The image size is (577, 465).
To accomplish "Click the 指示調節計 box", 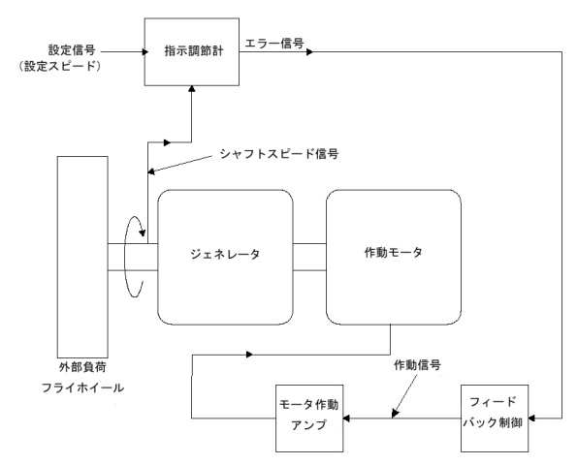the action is coord(192,52).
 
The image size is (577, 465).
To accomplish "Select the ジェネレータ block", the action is coord(225,258).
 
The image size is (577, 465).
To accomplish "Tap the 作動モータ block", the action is coord(394,258).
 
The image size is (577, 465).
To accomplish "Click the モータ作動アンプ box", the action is coord(309,418).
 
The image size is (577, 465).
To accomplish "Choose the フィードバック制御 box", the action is coord(495,418).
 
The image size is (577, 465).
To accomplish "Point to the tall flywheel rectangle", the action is coord(82,257).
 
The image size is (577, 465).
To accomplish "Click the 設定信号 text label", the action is coord(72,50).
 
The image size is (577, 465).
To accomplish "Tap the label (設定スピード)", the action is coord(60,66).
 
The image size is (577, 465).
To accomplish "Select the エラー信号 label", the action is coord(274,44).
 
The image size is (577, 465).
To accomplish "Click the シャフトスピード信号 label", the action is coord(279,154).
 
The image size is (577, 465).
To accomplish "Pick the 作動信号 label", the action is coord(417,365).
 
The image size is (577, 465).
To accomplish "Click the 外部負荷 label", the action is coord(82,367).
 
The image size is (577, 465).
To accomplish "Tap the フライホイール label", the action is coord(82,387).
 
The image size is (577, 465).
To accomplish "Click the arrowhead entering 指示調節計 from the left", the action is coord(145,52).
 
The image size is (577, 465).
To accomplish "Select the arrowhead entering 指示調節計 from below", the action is coord(192,89).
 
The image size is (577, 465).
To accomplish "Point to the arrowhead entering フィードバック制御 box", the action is coord(532,418).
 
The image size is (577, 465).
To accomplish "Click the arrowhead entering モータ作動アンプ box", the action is coord(346,418).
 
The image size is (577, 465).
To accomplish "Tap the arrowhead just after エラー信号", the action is coord(310,52).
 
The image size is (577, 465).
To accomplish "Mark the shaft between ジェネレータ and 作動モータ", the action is coord(309,257).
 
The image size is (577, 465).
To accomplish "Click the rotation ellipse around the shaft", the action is coord(125,258).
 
